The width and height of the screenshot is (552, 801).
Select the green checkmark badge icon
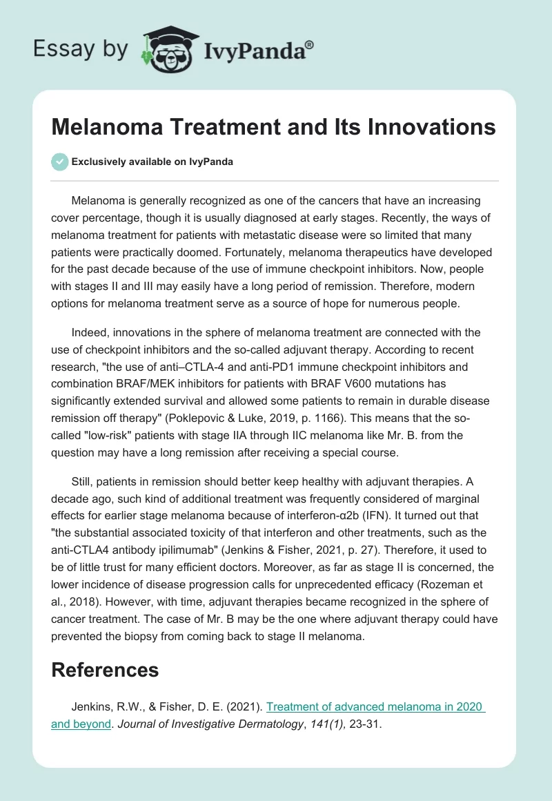click(x=59, y=162)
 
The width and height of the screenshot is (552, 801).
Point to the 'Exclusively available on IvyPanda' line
click(x=152, y=162)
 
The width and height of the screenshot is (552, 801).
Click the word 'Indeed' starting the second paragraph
click(x=88, y=333)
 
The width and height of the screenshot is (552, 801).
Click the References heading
click(x=105, y=669)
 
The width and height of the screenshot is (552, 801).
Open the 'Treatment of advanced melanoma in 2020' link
click(x=375, y=708)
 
